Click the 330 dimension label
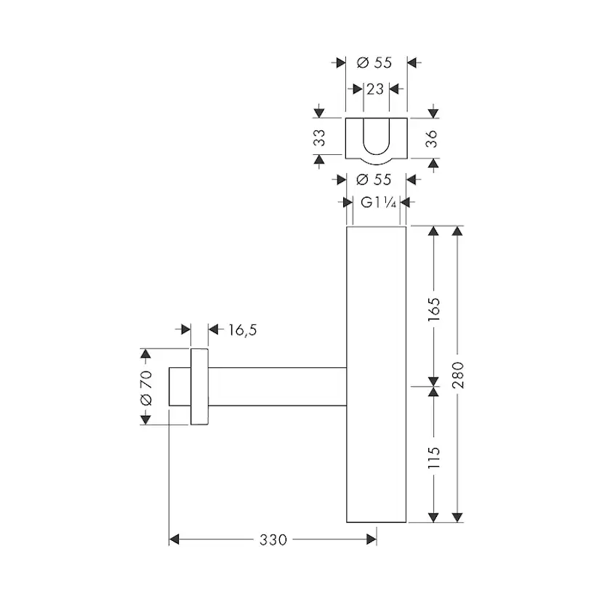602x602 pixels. pos(273,539)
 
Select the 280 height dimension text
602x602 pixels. pos(457,375)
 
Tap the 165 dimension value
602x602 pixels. pos(434,310)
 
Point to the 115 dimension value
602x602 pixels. pos(434,457)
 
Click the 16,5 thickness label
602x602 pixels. pos(243,330)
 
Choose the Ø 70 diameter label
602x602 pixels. pos(146,388)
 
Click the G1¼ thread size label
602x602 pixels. pos(378,202)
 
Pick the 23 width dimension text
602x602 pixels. pos(375,89)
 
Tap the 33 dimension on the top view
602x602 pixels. pos(319,138)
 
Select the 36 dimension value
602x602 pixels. pos(432,139)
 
